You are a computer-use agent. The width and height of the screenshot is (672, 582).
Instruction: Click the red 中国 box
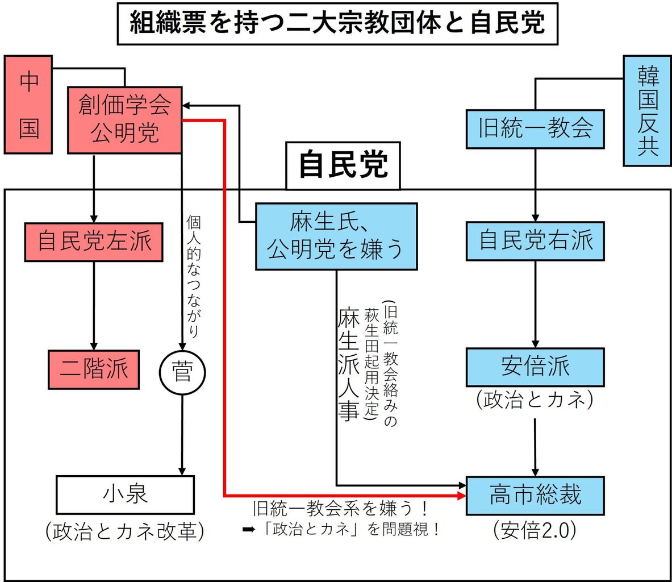pos(28,105)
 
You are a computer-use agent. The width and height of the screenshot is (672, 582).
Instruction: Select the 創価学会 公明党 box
pos(124,120)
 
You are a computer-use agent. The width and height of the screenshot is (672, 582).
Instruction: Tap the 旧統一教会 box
pos(535,129)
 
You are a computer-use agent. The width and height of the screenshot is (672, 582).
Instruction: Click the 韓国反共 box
pos(647,111)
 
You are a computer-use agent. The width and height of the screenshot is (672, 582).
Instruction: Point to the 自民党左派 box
pos(94,242)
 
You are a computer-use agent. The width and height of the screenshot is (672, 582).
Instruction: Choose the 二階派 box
pos(94,369)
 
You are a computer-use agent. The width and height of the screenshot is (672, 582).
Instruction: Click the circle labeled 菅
pos(182,373)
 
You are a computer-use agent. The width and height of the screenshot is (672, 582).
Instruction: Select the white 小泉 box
pos(125,494)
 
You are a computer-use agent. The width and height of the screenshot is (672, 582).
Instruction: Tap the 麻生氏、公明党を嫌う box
pos(336,236)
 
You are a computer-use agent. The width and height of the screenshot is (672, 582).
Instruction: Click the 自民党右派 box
pos(535,241)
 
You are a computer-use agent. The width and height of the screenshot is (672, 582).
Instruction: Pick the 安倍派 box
pos(535,367)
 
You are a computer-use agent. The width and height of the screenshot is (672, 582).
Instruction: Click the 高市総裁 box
pos(535,496)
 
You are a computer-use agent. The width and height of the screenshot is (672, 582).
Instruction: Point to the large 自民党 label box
pos(343,165)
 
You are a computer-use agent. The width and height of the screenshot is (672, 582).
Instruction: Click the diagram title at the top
pos(337,23)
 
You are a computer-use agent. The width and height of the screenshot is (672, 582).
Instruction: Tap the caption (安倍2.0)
pos(535,530)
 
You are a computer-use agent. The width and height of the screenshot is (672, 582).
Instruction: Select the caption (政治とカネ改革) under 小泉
pos(125,531)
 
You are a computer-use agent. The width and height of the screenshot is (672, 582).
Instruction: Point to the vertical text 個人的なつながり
pos(193,277)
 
